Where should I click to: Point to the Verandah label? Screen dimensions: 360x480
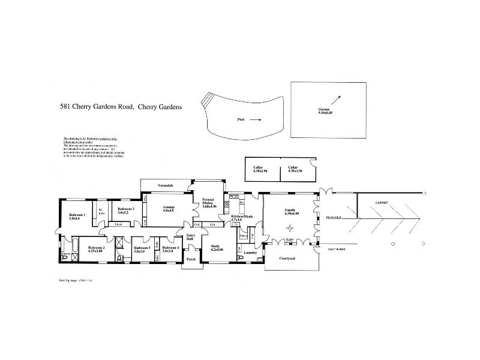[x=166, y=186]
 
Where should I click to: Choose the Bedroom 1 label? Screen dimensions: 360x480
[x=77, y=217]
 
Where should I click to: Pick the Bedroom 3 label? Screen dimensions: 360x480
[x=125, y=210]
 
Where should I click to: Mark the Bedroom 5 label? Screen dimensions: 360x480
[x=142, y=250]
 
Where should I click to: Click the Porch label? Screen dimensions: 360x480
[x=191, y=259]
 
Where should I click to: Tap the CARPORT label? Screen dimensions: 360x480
[x=382, y=203]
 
